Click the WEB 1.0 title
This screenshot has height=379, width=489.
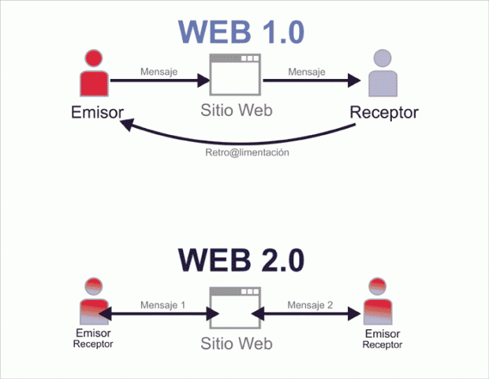point(241,32)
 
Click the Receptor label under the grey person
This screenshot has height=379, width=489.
point(384,113)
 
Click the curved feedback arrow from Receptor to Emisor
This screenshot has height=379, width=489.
point(237,138)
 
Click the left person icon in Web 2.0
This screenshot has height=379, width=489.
point(93,302)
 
